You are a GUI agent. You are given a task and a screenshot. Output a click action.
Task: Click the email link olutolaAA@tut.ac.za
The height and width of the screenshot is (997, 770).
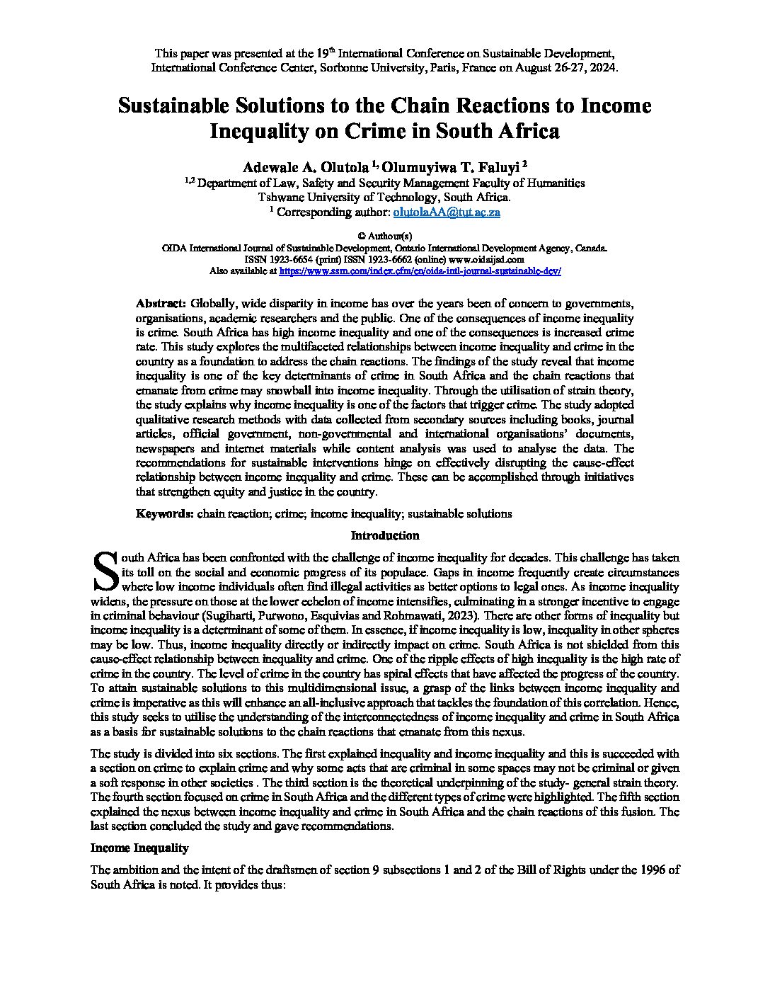(x=447, y=212)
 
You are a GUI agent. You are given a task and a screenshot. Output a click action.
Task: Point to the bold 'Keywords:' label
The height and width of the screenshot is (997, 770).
(x=165, y=513)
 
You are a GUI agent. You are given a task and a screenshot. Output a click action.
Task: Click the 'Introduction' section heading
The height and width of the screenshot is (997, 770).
(x=385, y=535)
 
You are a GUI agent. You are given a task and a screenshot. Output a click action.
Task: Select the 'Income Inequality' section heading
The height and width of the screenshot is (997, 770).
(x=139, y=848)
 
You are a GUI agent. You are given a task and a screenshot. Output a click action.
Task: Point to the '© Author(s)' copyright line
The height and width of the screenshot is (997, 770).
(x=384, y=236)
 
